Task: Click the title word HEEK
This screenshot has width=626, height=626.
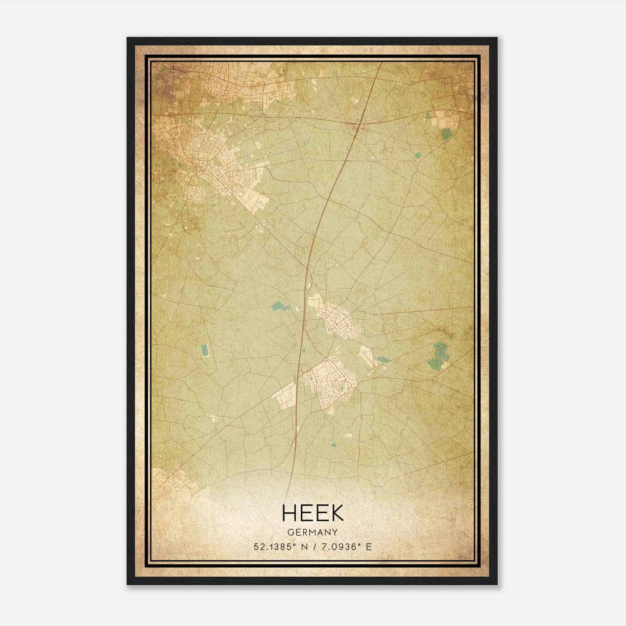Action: [312, 513]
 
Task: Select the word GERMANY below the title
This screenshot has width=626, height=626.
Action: [312, 532]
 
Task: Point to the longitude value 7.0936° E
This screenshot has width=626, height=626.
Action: [345, 547]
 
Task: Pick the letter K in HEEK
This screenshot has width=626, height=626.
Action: [337, 513]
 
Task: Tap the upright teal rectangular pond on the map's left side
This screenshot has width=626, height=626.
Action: [204, 350]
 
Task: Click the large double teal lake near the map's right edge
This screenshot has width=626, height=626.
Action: [437, 356]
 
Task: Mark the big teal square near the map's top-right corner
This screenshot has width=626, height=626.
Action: [446, 135]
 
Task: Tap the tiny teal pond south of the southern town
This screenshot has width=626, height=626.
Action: [333, 444]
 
